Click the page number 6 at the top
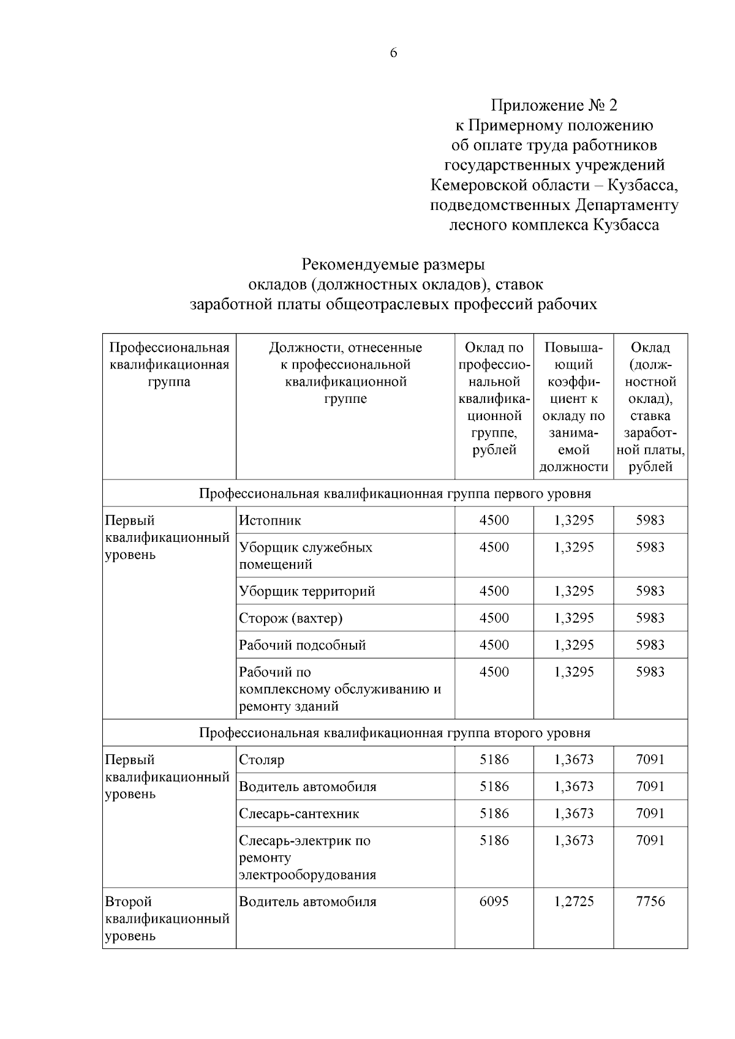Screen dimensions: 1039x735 tap(393, 53)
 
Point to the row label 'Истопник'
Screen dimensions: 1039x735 tap(270, 520)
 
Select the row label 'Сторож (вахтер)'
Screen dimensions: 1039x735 tap(290, 618)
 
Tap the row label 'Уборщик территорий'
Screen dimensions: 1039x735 tap(307, 591)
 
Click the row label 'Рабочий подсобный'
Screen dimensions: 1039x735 tap(302, 645)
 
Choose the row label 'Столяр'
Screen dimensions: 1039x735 tap(262, 760)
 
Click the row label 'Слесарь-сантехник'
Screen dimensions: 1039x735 tap(299, 814)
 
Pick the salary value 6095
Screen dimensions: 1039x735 tap(494, 901)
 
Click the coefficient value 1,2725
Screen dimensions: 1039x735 tap(573, 901)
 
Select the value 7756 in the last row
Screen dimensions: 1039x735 tap(650, 901)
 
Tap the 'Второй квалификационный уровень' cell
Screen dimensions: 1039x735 tap(167, 918)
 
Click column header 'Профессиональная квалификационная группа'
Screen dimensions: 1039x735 tap(169, 364)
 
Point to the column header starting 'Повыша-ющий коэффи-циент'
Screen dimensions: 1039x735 tap(573, 407)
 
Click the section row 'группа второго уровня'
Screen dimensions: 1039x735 tap(394, 733)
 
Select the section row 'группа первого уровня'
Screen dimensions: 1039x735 tap(394, 493)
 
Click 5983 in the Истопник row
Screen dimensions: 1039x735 tap(650, 520)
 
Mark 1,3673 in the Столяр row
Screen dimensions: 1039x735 tap(573, 760)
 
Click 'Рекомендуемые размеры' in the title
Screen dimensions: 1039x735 tap(393, 265)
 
